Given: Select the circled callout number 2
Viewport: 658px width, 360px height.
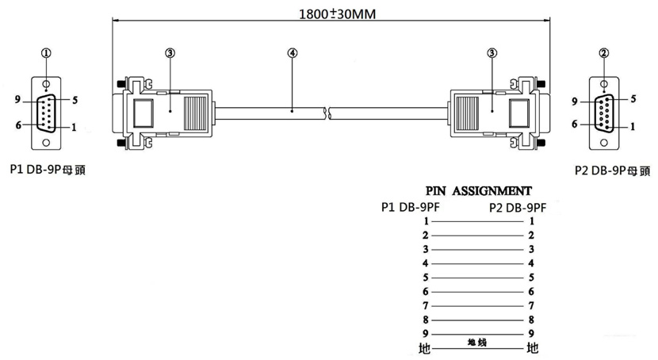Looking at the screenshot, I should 604,53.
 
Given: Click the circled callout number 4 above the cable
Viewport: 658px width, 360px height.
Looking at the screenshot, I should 293,53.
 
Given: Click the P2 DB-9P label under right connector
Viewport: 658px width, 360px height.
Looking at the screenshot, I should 611,170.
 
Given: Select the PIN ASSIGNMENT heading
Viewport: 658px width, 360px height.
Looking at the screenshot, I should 478,191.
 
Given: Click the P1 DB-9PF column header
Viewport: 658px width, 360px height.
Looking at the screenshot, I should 410,208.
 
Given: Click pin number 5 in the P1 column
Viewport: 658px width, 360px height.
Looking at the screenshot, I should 426,278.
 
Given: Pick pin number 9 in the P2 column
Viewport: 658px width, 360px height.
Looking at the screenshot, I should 531,333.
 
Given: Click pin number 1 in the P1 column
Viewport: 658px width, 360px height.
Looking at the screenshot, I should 426,221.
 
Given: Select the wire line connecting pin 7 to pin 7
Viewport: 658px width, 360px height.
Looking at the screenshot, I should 478,305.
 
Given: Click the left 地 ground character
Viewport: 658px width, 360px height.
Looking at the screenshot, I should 423,348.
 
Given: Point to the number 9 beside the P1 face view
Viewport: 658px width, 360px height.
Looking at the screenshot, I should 17,100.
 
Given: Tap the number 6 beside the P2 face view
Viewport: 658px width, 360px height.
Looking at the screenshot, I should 575,124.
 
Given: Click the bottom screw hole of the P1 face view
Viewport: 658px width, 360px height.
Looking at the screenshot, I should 47,143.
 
